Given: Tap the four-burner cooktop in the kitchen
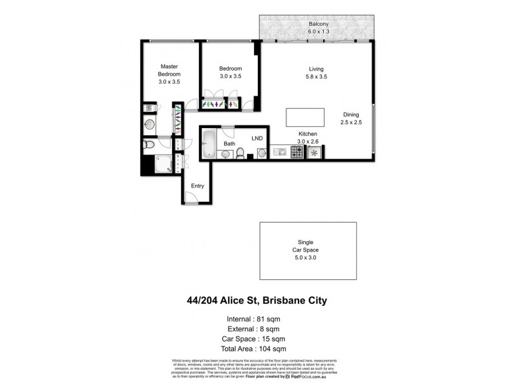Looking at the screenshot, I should click(x=297, y=152).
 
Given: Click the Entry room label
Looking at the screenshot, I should click(x=197, y=186).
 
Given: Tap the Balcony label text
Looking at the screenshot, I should click(x=316, y=25).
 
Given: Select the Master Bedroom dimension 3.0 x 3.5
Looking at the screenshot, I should click(x=169, y=82).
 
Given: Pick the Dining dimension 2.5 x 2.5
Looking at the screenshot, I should click(x=351, y=122).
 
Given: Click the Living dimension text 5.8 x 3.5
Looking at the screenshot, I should click(x=316, y=76).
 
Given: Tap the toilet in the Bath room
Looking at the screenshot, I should click(x=240, y=153).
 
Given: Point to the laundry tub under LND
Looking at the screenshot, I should click(x=261, y=153).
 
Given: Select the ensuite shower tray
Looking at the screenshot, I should click(x=165, y=163).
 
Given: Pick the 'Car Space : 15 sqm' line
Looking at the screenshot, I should click(x=256, y=339).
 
